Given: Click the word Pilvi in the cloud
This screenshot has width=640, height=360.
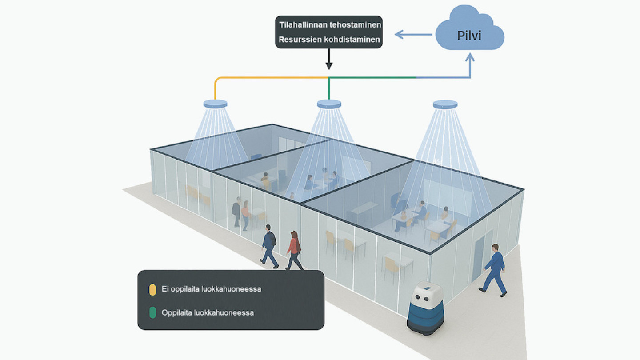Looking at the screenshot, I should [x=469, y=36].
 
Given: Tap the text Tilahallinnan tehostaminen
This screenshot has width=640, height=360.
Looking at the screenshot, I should [x=329, y=24].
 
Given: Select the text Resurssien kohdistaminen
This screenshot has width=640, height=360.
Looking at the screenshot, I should [x=329, y=40].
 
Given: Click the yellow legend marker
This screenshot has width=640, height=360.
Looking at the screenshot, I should [x=152, y=289].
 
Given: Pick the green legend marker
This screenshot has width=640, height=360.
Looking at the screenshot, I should [x=152, y=313].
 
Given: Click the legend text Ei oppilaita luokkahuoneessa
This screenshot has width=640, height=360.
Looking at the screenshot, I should [x=211, y=289].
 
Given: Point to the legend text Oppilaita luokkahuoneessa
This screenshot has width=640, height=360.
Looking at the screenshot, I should [x=208, y=313].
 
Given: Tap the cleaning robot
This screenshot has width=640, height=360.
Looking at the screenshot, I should [x=425, y=308].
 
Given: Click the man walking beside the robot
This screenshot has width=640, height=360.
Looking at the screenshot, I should [x=494, y=270].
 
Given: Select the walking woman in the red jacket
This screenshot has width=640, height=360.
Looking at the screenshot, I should [x=293, y=250].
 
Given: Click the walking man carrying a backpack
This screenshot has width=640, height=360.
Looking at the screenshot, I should [x=268, y=246].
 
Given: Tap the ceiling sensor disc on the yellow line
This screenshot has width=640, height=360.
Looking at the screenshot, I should [x=215, y=104].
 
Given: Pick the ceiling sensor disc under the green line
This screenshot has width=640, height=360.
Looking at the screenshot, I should [x=329, y=104].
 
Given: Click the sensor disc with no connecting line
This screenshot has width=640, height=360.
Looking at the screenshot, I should [x=445, y=104].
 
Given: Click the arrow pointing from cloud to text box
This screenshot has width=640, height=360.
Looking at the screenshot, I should [x=413, y=34].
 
